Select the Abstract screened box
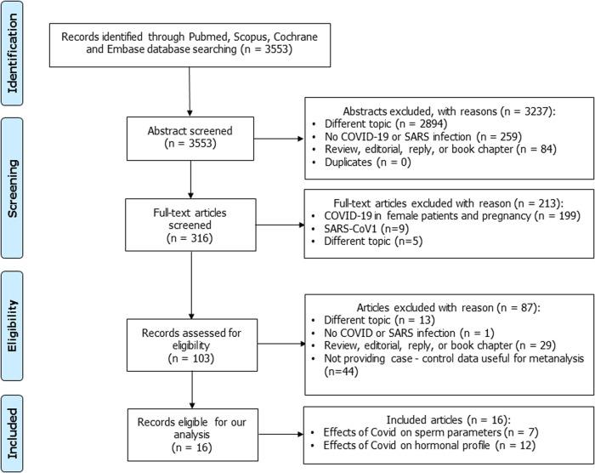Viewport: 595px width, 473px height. [x=190, y=137]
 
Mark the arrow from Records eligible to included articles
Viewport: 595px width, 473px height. [x=279, y=436]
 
